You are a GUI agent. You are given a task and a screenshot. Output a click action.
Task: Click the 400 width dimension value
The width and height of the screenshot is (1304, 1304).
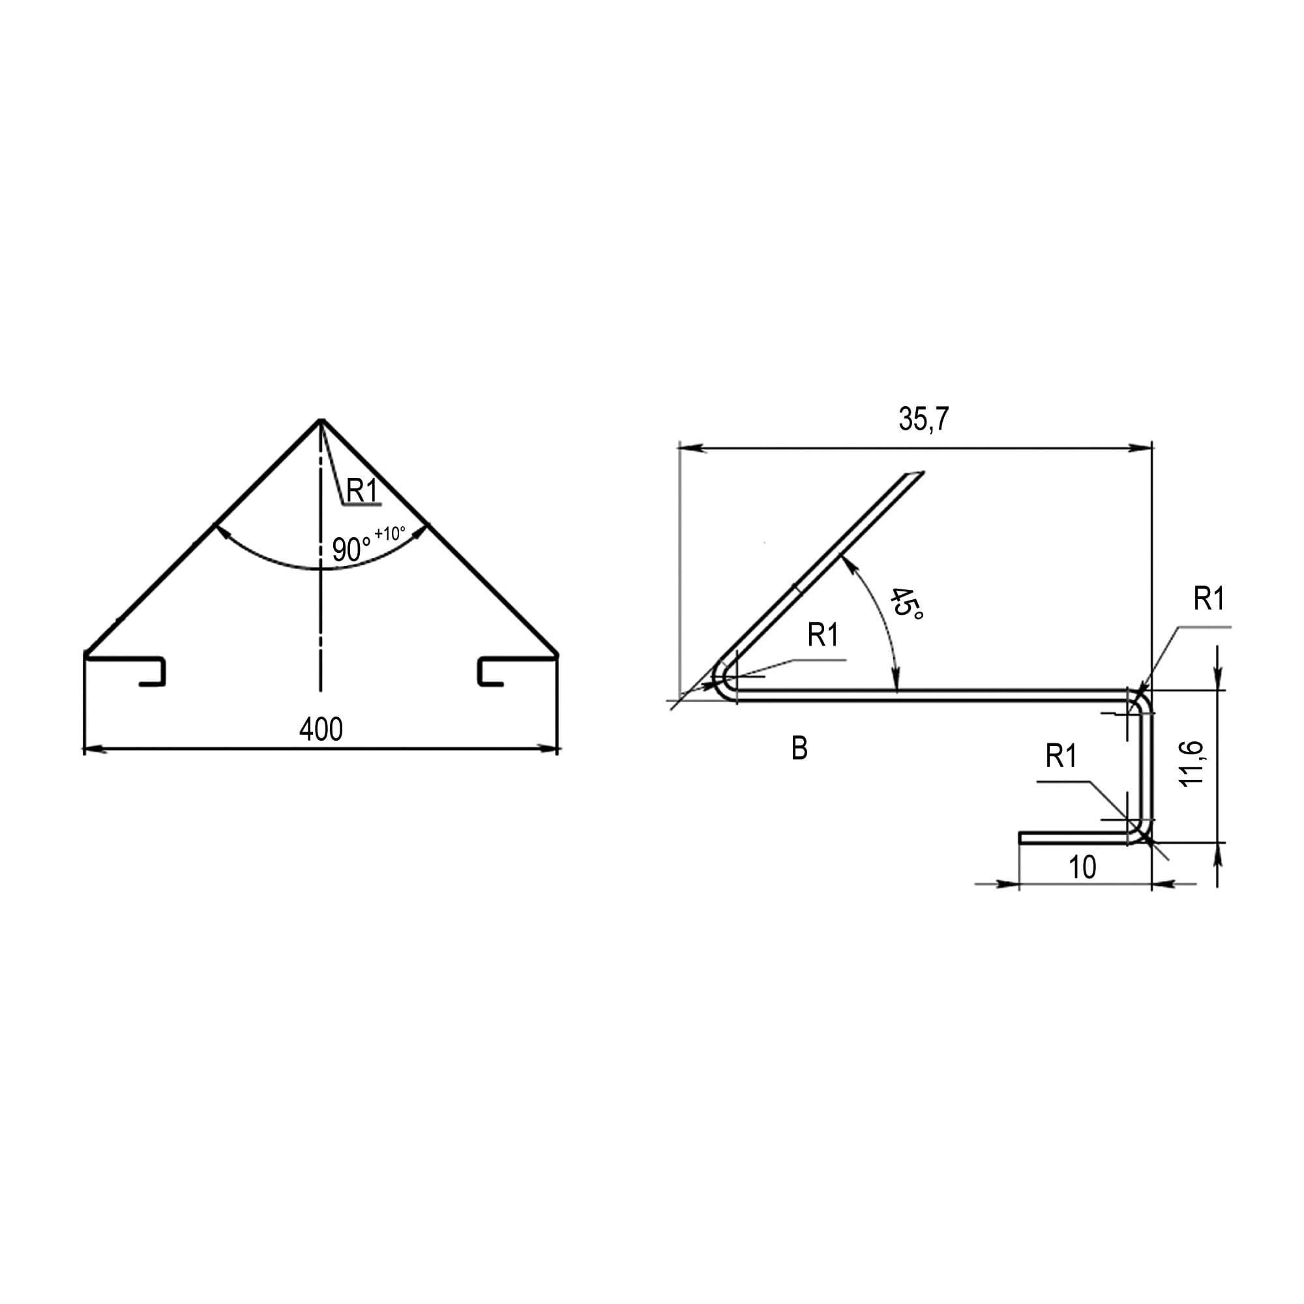click(321, 729)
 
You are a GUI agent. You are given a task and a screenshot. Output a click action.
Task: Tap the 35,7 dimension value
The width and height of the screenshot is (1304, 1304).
click(923, 419)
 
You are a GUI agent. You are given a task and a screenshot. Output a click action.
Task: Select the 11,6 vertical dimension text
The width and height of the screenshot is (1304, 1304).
click(1193, 763)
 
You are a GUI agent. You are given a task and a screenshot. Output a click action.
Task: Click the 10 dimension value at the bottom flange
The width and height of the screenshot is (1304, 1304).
click(1082, 867)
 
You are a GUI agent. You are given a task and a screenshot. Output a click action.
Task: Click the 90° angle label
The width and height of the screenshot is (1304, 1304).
click(351, 550)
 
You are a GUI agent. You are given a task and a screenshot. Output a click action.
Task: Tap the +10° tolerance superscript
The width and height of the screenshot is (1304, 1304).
click(390, 533)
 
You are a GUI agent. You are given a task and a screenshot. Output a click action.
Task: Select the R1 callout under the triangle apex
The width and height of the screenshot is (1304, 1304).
click(362, 491)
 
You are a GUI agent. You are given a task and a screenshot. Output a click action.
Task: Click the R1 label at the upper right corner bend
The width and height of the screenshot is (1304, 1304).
click(1209, 599)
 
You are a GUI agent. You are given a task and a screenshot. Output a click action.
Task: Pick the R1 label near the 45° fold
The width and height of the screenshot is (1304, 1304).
click(823, 635)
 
